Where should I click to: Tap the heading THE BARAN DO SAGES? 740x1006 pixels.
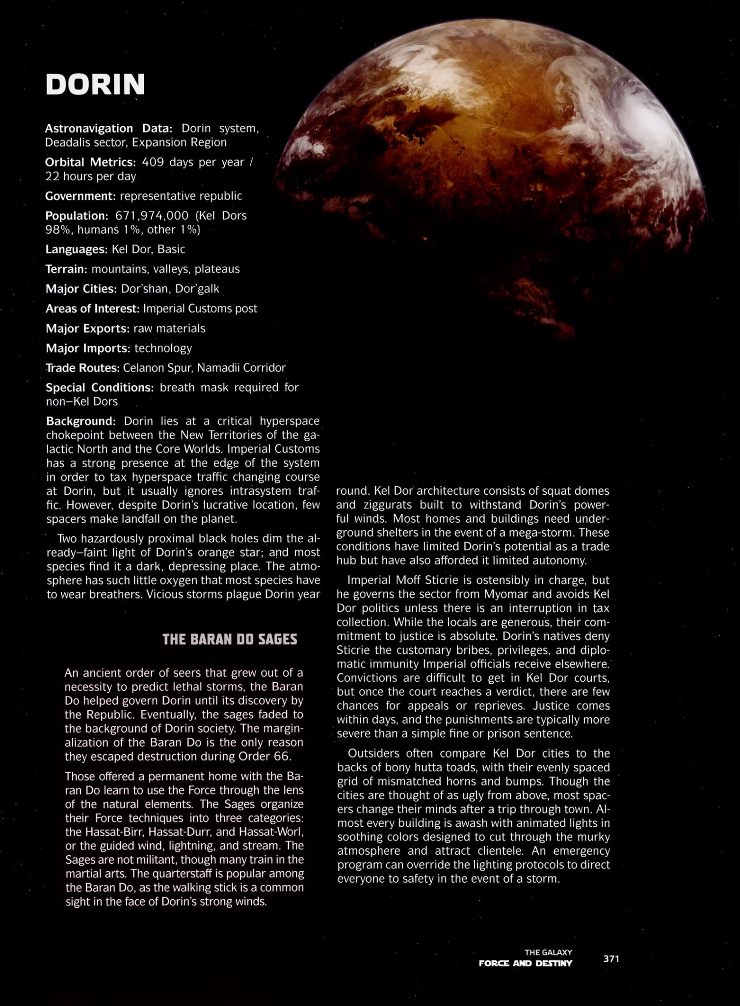pos(230,639)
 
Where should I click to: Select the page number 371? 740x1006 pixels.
pos(611,958)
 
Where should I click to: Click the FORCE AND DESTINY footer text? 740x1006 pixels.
pos(525,963)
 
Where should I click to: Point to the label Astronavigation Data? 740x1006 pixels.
pos(108,128)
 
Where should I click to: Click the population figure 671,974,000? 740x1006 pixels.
pos(152,216)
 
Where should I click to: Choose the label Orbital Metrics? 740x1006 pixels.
pos(90,162)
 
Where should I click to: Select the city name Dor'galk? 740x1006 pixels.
pos(197,289)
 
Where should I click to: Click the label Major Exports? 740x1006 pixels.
pos(87,328)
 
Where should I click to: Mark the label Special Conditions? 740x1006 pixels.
pos(100,388)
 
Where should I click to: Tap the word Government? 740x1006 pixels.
pos(80,196)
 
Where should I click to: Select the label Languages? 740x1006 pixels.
pos(76,249)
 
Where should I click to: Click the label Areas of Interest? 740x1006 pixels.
pos(93,308)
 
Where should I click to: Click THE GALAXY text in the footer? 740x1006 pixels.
pos(548,952)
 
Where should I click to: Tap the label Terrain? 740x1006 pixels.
pos(66,269)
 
